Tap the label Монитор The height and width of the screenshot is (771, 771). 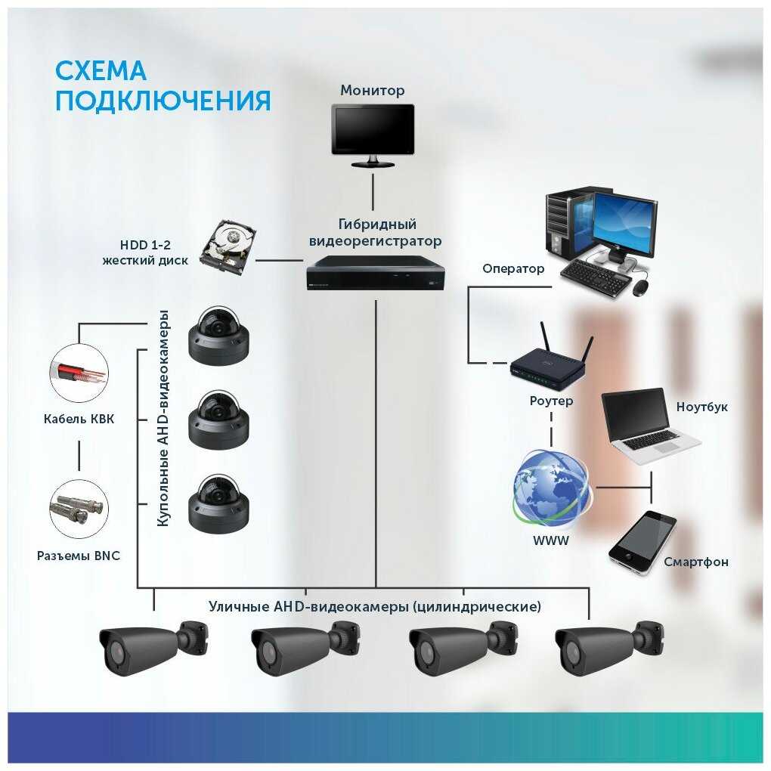click(x=372, y=91)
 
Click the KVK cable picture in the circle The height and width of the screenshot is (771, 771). click(x=79, y=374)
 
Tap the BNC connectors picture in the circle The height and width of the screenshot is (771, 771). click(x=79, y=509)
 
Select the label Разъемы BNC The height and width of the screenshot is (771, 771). click(x=79, y=556)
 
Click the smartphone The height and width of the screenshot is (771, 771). click(x=642, y=541)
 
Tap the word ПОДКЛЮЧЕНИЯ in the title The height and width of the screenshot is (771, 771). click(x=163, y=101)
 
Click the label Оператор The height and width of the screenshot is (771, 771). click(x=513, y=268)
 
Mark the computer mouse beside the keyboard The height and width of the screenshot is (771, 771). click(x=640, y=286)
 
